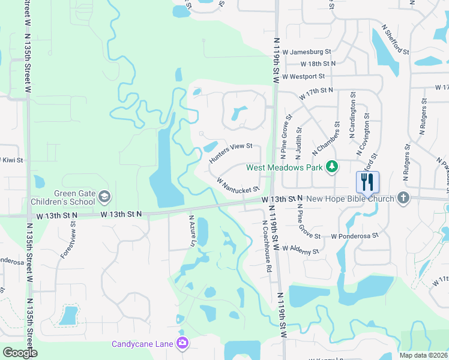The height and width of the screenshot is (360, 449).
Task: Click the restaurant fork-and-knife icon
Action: [x=367, y=182]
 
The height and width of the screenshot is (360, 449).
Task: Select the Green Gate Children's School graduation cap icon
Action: [x=104, y=196]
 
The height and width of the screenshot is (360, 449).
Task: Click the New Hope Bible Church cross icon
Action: [x=403, y=197]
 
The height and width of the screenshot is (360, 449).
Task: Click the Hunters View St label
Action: [x=230, y=153]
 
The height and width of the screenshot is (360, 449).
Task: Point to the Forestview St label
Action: [x=68, y=239]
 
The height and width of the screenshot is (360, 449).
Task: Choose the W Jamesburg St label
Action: [x=307, y=52]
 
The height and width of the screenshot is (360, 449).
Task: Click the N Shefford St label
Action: [x=395, y=40]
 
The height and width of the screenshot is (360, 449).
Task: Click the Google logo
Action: [x=20, y=353]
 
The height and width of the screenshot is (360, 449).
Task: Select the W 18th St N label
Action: [x=318, y=64]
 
